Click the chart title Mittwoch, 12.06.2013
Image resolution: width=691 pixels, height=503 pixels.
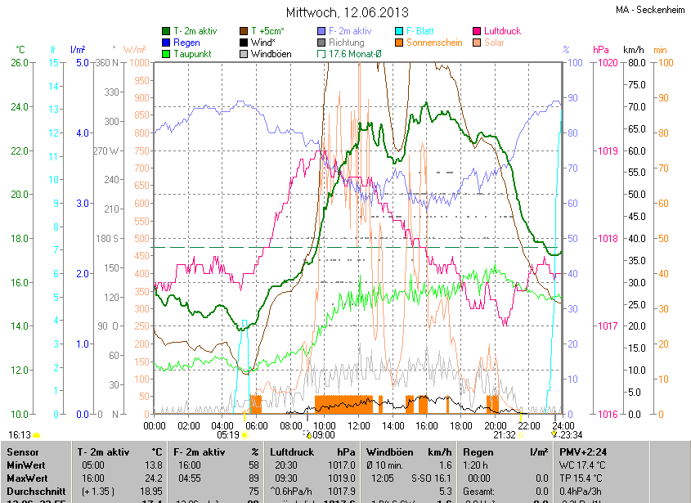(x=348, y=12)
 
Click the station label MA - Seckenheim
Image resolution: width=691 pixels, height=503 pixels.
(x=651, y=10)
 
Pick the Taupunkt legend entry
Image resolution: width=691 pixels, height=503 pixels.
(x=193, y=54)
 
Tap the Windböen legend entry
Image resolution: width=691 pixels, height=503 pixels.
(x=271, y=54)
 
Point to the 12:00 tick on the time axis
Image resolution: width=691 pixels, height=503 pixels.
(x=359, y=425)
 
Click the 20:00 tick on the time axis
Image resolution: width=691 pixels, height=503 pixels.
(x=495, y=425)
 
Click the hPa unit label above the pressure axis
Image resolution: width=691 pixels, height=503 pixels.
(x=601, y=50)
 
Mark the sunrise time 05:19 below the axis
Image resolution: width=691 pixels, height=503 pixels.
(x=228, y=435)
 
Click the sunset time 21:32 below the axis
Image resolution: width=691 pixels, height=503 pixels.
(x=505, y=435)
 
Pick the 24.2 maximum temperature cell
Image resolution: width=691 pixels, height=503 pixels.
(x=154, y=478)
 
